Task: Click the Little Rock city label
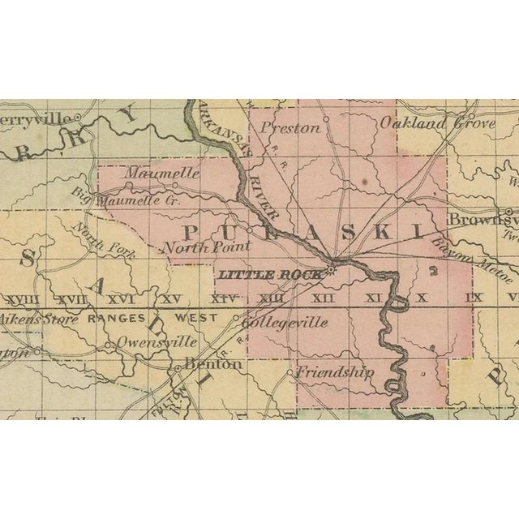[269, 275]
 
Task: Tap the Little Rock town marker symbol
[332, 270]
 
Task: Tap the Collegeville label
[285, 323]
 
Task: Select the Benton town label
[213, 365]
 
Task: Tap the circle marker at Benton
[178, 369]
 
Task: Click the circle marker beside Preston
[325, 119]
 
